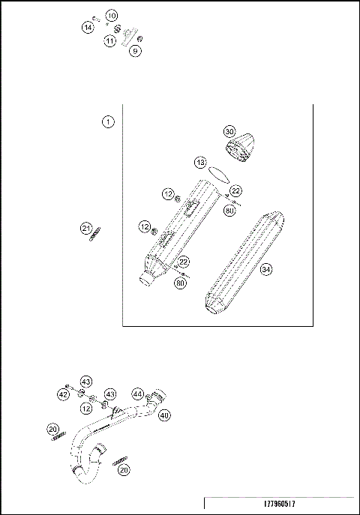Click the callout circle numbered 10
point(111,16)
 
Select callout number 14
point(88,28)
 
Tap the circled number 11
point(111,40)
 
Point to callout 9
point(135,51)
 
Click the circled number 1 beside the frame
point(109,121)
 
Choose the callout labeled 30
point(229,131)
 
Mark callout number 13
point(200,162)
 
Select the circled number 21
point(87,228)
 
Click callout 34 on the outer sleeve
point(265,271)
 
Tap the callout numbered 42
point(64,394)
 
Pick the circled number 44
point(137,393)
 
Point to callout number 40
point(164,415)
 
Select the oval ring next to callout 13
point(219,172)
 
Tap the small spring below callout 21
point(94,238)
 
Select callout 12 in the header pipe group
point(88,409)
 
